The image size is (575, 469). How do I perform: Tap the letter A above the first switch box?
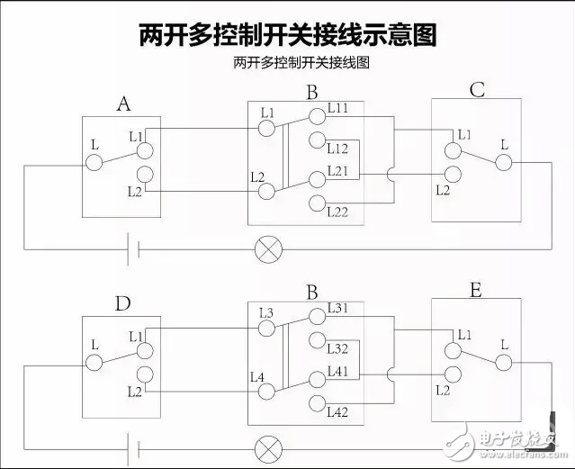[124, 104]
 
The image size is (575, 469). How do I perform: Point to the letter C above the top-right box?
[477, 90]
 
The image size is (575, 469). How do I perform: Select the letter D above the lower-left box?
[122, 302]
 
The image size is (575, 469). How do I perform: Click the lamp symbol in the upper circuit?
[266, 248]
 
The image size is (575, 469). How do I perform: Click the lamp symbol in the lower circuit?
[266, 446]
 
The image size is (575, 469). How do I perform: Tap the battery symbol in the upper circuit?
[131, 248]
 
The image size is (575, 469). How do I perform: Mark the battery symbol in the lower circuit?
[131, 446]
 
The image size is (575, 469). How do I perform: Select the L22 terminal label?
[338, 212]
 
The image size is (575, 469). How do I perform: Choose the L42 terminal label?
[338, 412]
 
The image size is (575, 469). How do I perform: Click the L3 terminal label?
[265, 312]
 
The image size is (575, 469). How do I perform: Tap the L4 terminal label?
[256, 377]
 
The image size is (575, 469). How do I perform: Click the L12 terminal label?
[337, 149]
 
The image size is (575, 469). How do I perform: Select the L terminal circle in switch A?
[94, 162]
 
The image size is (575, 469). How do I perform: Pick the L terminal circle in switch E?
[503, 361]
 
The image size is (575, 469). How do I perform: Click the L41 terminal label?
[338, 370]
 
